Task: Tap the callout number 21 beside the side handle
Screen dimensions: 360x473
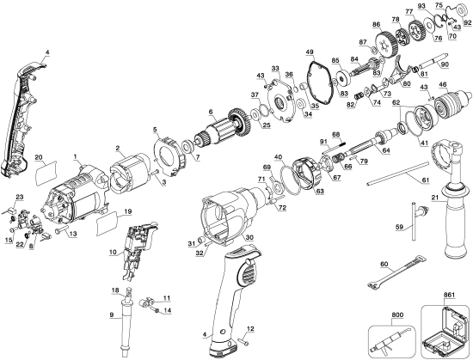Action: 435,199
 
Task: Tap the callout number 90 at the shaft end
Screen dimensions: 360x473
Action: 444,64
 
